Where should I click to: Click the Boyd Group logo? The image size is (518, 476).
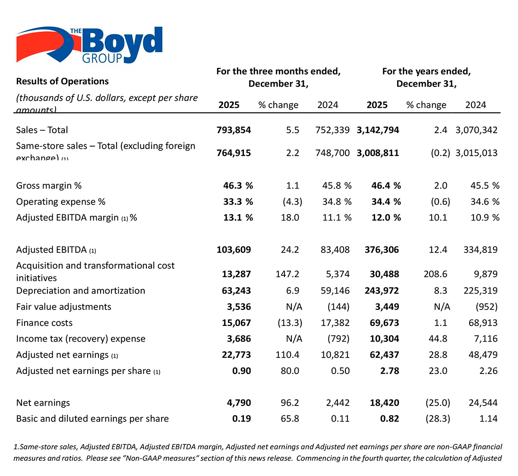point(89,45)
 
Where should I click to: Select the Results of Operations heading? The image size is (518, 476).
point(62,81)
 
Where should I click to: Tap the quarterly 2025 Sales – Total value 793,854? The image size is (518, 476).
point(234,130)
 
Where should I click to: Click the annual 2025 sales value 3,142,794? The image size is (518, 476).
point(378,130)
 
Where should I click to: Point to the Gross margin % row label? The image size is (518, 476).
point(49,186)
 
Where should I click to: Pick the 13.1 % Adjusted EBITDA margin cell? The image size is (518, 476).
point(238,217)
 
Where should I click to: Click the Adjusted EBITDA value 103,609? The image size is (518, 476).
point(234,250)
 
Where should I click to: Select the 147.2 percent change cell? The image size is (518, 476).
point(287,274)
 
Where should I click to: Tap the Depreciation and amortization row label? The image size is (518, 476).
point(80,291)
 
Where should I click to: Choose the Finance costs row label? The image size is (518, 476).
point(44,323)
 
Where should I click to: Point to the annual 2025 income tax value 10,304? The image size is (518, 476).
point(384,339)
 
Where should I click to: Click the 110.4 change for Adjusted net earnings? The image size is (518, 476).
point(287,355)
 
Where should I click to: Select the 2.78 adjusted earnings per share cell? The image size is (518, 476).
point(390,371)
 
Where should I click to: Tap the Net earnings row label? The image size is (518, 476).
point(43,403)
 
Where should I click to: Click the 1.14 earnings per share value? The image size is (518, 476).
point(488,419)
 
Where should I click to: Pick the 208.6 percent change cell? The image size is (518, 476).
point(436,274)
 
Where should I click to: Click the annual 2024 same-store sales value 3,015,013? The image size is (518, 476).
point(476,153)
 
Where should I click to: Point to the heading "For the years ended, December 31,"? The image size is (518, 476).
point(426,77)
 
